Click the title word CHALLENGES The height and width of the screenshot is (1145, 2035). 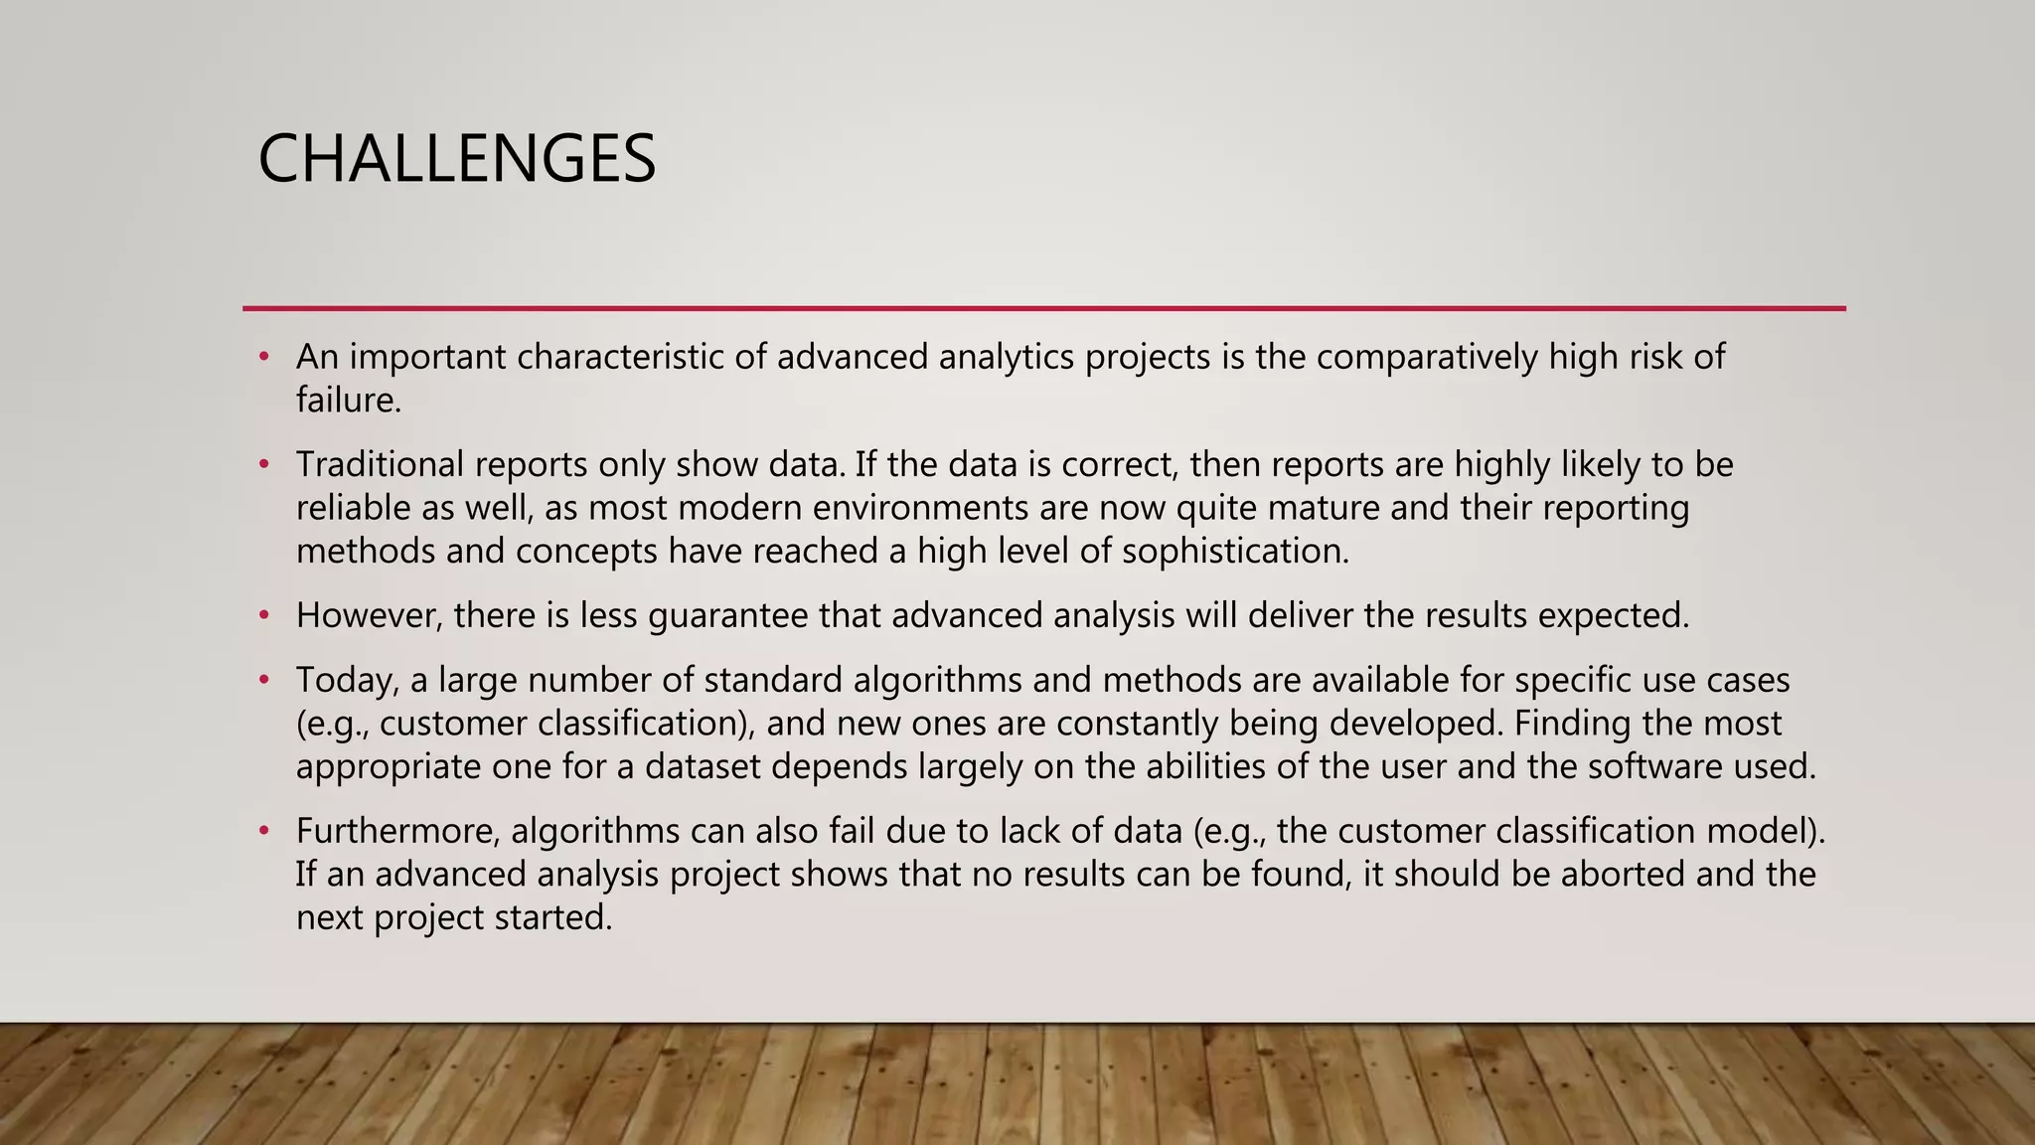tap(456, 159)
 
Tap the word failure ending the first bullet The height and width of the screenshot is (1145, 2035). tap(347, 401)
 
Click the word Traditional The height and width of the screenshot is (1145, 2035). tap(380, 465)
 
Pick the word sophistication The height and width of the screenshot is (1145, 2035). tap(1234, 552)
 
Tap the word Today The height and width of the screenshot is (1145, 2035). tap(347, 681)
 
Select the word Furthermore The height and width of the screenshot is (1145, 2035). tap(397, 831)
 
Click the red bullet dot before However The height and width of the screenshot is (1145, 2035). tap(264, 616)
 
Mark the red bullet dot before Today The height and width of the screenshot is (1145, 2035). tap(264, 681)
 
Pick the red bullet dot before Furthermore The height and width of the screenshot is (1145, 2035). tap(264, 831)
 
